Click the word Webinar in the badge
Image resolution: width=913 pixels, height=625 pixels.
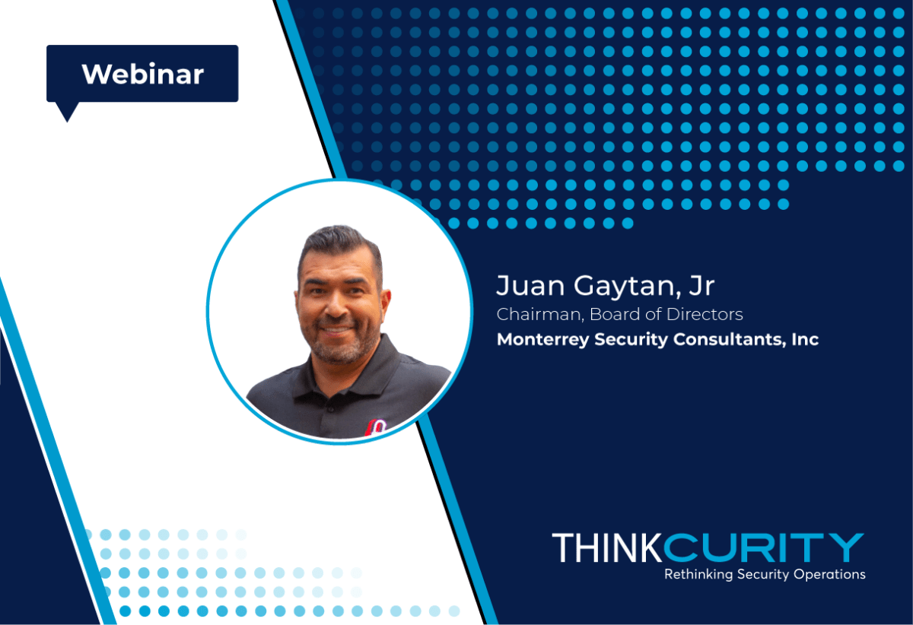pyautogui.click(x=143, y=75)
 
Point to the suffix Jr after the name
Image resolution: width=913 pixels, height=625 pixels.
pyautogui.click(x=701, y=285)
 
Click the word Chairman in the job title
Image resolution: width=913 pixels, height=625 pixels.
pyautogui.click(x=540, y=315)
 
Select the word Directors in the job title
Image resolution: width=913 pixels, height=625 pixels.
pyautogui.click(x=705, y=314)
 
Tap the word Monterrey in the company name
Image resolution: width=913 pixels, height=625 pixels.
pyautogui.click(x=542, y=340)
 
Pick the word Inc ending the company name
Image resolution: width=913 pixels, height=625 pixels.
pyautogui.click(x=806, y=339)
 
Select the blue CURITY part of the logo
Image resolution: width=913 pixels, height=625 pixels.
pyautogui.click(x=764, y=547)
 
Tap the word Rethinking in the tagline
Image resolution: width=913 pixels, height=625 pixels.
pyautogui.click(x=698, y=574)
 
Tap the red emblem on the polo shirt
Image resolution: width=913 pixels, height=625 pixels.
pyautogui.click(x=376, y=429)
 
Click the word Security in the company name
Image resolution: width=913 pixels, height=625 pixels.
pyautogui.click(x=631, y=340)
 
